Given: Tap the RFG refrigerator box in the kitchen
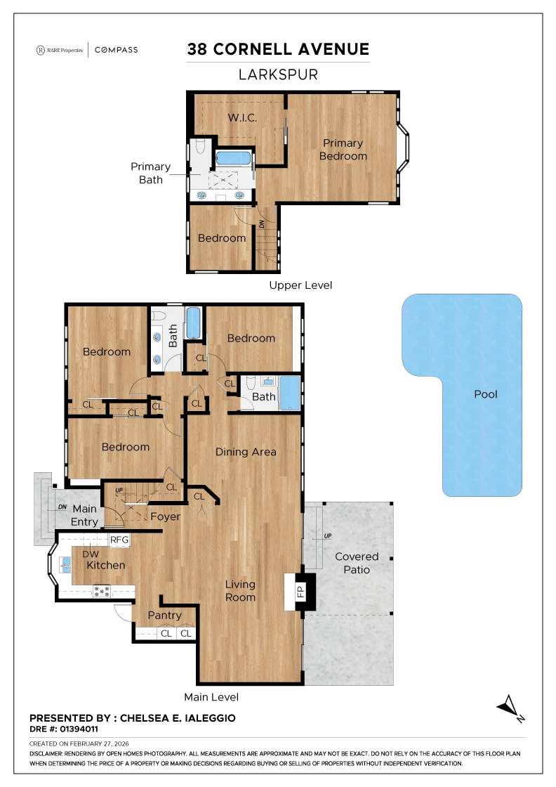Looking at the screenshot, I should [119, 540].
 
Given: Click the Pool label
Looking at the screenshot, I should [485, 394].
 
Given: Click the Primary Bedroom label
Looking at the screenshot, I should [343, 150].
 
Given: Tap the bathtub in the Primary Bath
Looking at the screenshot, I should [233, 157].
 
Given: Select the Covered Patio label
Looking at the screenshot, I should [357, 563].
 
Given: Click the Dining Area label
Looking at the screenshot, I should [246, 452].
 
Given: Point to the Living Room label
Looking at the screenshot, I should [240, 590].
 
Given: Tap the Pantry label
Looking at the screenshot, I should [164, 616].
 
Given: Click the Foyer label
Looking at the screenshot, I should [165, 516].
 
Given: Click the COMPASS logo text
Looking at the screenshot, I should [116, 50].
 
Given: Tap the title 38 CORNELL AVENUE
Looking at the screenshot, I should [278, 49].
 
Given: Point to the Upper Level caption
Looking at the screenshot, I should [300, 285].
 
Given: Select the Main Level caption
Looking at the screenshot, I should [211, 697].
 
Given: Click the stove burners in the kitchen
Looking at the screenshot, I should [102, 591].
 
